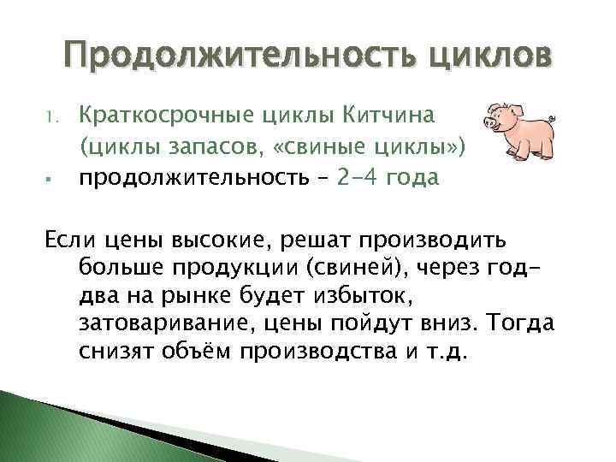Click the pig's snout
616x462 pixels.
tap(489, 122)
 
